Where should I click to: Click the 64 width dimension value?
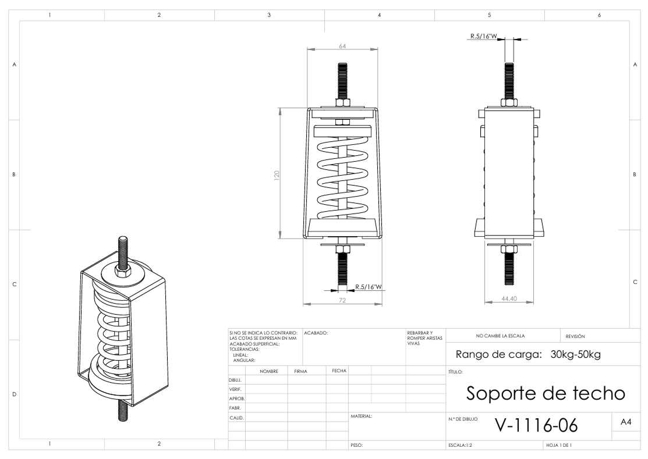point(343,46)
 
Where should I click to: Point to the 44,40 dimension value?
point(509,298)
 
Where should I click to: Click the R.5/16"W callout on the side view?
point(483,36)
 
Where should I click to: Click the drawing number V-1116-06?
point(536,425)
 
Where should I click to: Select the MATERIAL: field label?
point(361,417)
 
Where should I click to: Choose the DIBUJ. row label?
point(235,379)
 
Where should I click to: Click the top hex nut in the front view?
point(342,103)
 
